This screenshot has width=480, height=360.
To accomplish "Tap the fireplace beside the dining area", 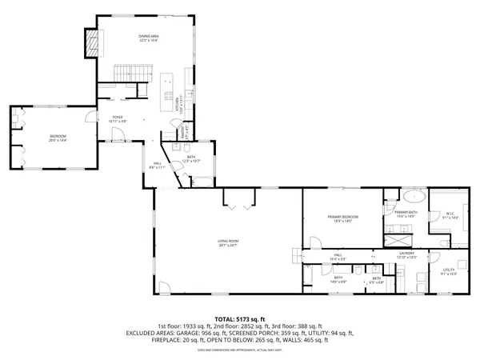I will [94, 42].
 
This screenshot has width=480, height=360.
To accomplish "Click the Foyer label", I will [117, 118].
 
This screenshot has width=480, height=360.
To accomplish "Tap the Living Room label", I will [229, 242].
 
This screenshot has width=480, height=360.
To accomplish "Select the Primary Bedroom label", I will [342, 218].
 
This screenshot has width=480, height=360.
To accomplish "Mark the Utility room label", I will [449, 273].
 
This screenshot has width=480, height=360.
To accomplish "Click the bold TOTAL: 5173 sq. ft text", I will [240, 318].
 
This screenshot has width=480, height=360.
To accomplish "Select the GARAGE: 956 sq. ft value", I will [210, 333].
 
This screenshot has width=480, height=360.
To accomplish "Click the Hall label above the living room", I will [157, 166].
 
